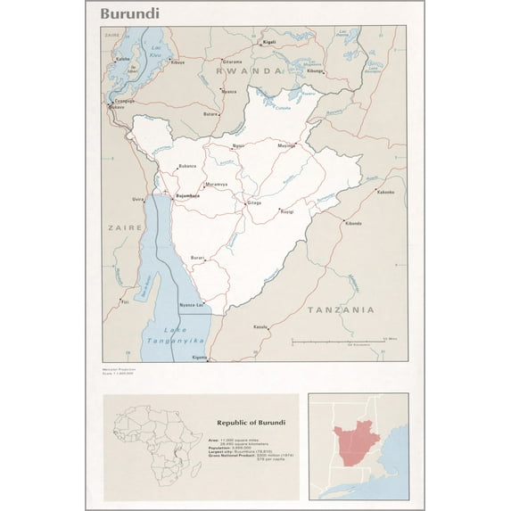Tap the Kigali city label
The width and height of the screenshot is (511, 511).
click(269, 42)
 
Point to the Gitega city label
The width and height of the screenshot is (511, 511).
click(254, 203)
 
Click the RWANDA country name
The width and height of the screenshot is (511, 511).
click(243, 70)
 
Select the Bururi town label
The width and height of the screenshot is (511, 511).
click(197, 258)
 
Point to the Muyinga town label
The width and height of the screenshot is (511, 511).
click(285, 144)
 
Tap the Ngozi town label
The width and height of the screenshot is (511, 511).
click(237, 144)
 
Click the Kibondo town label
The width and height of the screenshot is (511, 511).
click(353, 223)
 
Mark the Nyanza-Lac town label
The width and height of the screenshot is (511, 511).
click(192, 305)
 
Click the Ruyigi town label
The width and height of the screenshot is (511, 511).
click(286, 211)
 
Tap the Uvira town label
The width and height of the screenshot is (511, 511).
click(138, 199)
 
